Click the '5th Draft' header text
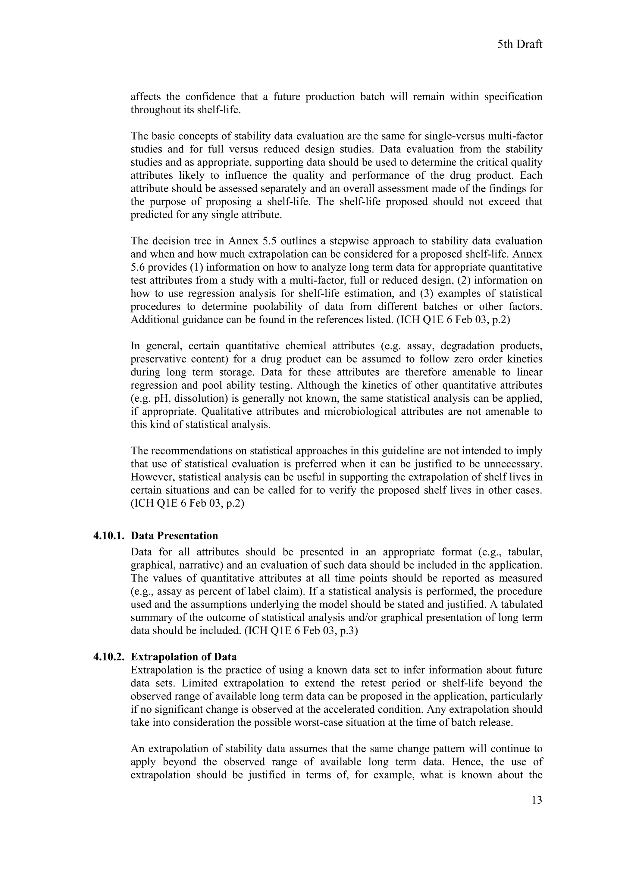(519, 45)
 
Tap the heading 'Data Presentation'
(174, 536)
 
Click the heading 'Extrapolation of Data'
(183, 657)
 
